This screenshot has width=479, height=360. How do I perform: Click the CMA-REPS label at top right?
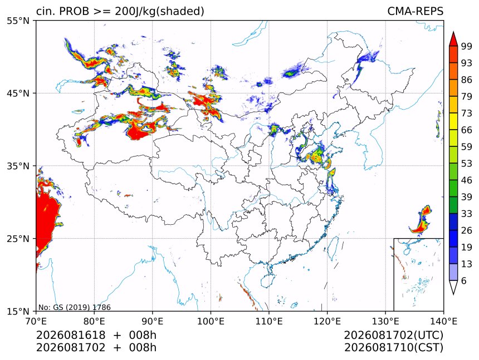[415, 11]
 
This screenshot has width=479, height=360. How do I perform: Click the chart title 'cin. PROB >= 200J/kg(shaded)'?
[120, 11]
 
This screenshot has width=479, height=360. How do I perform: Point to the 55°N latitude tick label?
[18, 21]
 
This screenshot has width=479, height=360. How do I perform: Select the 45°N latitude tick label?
[18, 93]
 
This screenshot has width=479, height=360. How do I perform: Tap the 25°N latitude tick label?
[18, 238]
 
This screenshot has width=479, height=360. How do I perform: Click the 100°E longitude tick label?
[211, 321]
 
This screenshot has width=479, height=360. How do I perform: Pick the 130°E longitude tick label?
[385, 321]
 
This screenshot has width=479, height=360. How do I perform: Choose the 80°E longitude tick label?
[94, 321]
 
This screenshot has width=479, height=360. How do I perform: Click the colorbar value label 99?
[467, 46]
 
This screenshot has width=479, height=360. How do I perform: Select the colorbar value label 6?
[464, 280]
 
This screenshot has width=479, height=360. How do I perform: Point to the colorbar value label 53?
[467, 164]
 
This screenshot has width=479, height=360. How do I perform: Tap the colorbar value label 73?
[467, 114]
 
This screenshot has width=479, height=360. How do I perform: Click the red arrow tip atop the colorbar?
[453, 32]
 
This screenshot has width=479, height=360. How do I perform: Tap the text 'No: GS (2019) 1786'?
[74, 307]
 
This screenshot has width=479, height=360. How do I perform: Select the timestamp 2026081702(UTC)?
[393, 336]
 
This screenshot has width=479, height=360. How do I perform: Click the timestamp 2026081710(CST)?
[393, 348]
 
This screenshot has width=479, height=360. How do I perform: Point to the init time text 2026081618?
[71, 336]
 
